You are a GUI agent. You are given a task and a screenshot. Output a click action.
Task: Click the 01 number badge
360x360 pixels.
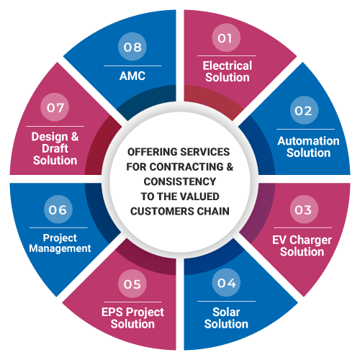[x=226, y=37]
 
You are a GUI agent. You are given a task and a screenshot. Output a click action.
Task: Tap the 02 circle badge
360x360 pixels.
[x=304, y=110]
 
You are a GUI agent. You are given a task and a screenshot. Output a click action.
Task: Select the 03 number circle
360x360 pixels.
[x=304, y=210]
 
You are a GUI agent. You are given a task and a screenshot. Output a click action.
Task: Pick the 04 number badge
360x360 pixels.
[x=226, y=282]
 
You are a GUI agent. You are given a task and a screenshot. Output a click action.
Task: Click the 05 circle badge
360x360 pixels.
[x=132, y=284]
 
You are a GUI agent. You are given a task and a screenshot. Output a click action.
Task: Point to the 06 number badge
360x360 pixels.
[x=58, y=210]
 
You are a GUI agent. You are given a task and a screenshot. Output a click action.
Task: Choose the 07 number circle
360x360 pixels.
[x=55, y=107]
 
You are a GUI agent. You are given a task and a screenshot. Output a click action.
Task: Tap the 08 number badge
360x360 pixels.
[x=132, y=47]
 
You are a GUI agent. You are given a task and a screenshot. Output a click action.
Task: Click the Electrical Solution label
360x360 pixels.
[x=228, y=71]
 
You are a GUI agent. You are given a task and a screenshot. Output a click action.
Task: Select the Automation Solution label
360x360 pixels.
[x=308, y=147]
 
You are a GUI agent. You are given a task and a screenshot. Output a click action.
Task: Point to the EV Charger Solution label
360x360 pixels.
[x=302, y=246]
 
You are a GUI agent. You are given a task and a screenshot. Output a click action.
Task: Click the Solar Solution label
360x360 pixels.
[x=226, y=318]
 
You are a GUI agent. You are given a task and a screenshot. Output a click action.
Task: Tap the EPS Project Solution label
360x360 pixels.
[x=132, y=318]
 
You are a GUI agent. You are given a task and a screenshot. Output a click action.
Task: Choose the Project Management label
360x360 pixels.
[x=60, y=243]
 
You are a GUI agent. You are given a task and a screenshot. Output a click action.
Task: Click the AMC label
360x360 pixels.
[x=132, y=76]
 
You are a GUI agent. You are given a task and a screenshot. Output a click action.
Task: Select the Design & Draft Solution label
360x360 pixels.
[x=55, y=148]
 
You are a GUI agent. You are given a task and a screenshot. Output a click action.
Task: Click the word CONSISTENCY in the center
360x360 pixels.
[x=180, y=181]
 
